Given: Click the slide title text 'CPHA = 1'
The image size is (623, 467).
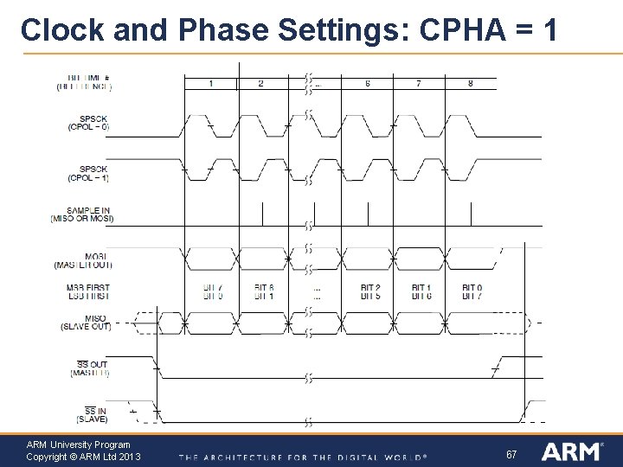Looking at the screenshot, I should coord(488,29).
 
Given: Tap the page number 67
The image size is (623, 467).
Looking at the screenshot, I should coord(511,454).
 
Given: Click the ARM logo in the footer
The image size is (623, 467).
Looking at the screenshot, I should coord(572,451).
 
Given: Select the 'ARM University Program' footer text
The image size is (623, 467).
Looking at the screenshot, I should coord(79,445).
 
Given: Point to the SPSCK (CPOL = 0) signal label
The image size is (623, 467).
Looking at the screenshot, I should coord(88,123).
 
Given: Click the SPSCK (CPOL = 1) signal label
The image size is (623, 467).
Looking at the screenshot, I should coord(88,173).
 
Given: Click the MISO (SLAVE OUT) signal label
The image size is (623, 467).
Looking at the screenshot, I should coord(87,323).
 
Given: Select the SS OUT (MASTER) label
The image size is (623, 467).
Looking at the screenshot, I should coord(89,368).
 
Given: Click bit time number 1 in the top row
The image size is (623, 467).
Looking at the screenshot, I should coord(211,84).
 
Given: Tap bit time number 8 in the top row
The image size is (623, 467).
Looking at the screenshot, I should coord(471,84).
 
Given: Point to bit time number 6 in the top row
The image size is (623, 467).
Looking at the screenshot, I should coord(368,84).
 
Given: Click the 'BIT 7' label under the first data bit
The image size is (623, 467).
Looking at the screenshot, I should coord(212,287).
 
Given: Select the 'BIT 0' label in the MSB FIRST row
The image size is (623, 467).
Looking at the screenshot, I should coord(472,287).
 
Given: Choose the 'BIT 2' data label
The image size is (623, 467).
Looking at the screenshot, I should coord(370,287).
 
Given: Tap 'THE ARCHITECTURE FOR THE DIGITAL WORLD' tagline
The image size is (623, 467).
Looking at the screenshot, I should coord(303,457).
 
